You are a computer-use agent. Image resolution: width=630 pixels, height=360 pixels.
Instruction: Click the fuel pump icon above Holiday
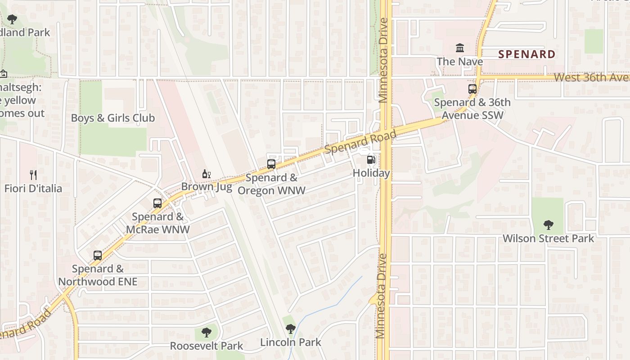point(371,159)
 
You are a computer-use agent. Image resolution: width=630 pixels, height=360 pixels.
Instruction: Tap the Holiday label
point(371,173)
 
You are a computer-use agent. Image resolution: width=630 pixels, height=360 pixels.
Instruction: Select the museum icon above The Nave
point(460,48)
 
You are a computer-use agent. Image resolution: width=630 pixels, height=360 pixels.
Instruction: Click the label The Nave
point(460,62)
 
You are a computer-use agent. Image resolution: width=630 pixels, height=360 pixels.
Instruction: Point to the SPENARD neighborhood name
point(526,54)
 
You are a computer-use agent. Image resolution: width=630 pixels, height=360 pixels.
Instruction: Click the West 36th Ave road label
point(591,77)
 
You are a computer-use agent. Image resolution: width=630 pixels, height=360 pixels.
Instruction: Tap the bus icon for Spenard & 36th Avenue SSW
point(472,89)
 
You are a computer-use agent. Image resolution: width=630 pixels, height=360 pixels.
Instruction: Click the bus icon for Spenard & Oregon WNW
point(271,164)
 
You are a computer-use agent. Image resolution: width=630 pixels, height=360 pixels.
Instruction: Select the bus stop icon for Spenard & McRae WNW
point(157,203)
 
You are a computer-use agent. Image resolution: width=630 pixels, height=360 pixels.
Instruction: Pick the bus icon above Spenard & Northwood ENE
point(98,256)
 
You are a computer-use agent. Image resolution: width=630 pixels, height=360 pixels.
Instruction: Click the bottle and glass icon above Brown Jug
point(207,174)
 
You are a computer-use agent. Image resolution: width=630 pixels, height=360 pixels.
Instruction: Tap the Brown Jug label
point(207,186)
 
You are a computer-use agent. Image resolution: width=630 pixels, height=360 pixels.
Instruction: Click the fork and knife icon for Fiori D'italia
point(33,175)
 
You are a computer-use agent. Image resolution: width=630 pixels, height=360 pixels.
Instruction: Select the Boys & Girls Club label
point(113,118)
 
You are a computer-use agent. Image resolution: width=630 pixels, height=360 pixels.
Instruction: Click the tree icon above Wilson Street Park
point(548,225)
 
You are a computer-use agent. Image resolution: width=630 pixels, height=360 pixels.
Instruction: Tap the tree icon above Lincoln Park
point(291,329)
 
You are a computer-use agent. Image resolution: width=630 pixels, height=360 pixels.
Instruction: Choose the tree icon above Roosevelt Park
point(207,333)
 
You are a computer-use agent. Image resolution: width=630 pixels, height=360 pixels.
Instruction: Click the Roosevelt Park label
point(207,346)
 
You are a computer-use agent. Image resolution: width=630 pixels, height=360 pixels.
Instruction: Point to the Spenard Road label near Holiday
point(360,141)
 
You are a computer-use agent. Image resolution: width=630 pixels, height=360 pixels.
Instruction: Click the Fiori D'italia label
point(33,188)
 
